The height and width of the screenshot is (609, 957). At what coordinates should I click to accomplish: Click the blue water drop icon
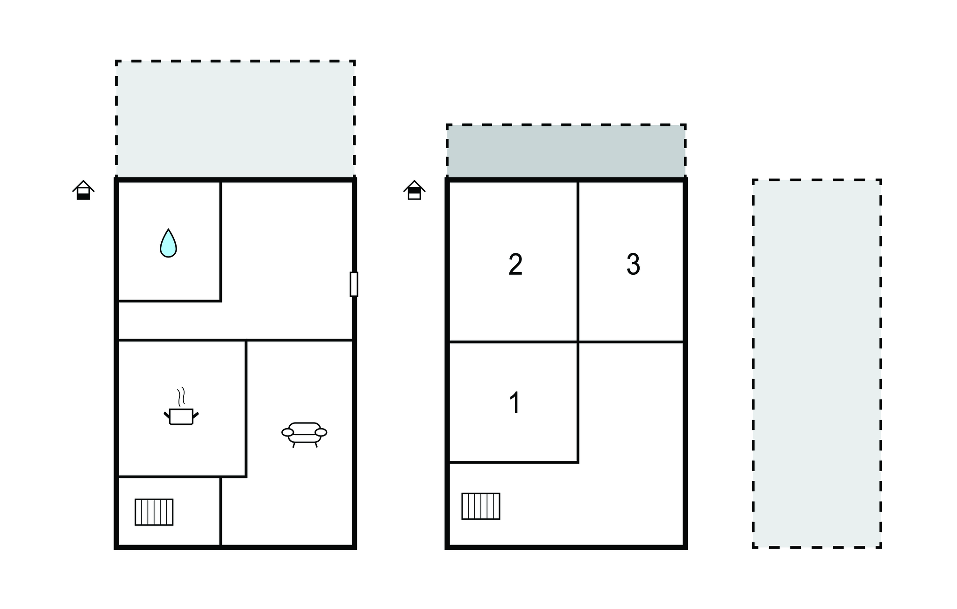(x=168, y=244)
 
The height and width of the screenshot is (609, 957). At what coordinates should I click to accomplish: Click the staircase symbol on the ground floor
(x=154, y=512)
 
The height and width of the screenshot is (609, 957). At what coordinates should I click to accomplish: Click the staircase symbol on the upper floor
(x=481, y=506)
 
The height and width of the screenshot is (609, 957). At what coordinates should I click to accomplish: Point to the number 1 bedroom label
(x=515, y=403)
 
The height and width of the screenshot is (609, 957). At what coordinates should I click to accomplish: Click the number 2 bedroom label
(x=515, y=265)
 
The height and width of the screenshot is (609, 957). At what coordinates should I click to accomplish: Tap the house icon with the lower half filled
(x=83, y=190)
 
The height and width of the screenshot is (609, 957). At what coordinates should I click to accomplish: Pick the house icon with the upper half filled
(x=414, y=190)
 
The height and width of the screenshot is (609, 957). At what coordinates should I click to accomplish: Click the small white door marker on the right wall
(x=354, y=284)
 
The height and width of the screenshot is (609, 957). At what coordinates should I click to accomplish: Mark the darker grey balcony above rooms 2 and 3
(x=566, y=151)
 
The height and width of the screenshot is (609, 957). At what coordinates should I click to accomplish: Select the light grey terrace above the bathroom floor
(x=236, y=119)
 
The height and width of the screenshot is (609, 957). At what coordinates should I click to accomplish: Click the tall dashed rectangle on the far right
(x=817, y=364)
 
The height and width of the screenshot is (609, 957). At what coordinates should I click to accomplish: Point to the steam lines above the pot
(x=181, y=396)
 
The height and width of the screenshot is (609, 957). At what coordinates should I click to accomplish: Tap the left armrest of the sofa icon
(x=287, y=432)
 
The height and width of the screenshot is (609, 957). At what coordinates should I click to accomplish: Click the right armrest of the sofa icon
(x=321, y=432)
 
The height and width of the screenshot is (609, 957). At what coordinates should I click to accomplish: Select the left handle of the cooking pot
(x=167, y=415)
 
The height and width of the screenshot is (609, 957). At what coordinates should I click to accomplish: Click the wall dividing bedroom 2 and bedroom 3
(x=578, y=261)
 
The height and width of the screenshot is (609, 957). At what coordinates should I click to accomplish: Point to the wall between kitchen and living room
(x=246, y=409)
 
